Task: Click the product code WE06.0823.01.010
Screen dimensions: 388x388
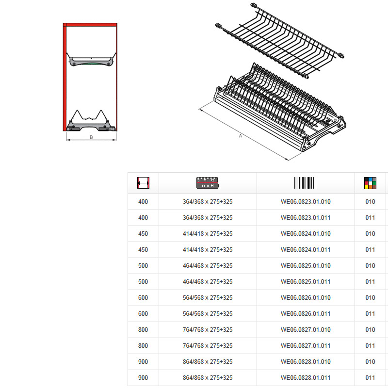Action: pyautogui.click(x=306, y=202)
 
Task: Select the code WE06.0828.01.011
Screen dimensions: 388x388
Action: pyautogui.click(x=306, y=378)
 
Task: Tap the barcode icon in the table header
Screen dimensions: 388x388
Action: pyautogui.click(x=306, y=183)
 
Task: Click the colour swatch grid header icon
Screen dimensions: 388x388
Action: pyautogui.click(x=370, y=183)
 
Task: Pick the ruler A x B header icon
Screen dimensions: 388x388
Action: pyautogui.click(x=208, y=183)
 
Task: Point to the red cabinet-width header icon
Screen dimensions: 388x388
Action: pyautogui.click(x=143, y=183)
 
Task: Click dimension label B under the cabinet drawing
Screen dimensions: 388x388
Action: pyautogui.click(x=91, y=137)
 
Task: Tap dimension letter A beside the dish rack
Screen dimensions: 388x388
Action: pyautogui.click(x=240, y=136)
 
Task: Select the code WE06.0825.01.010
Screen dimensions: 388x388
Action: pyautogui.click(x=306, y=265)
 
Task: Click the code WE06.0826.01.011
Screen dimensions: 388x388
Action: pyautogui.click(x=306, y=313)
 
